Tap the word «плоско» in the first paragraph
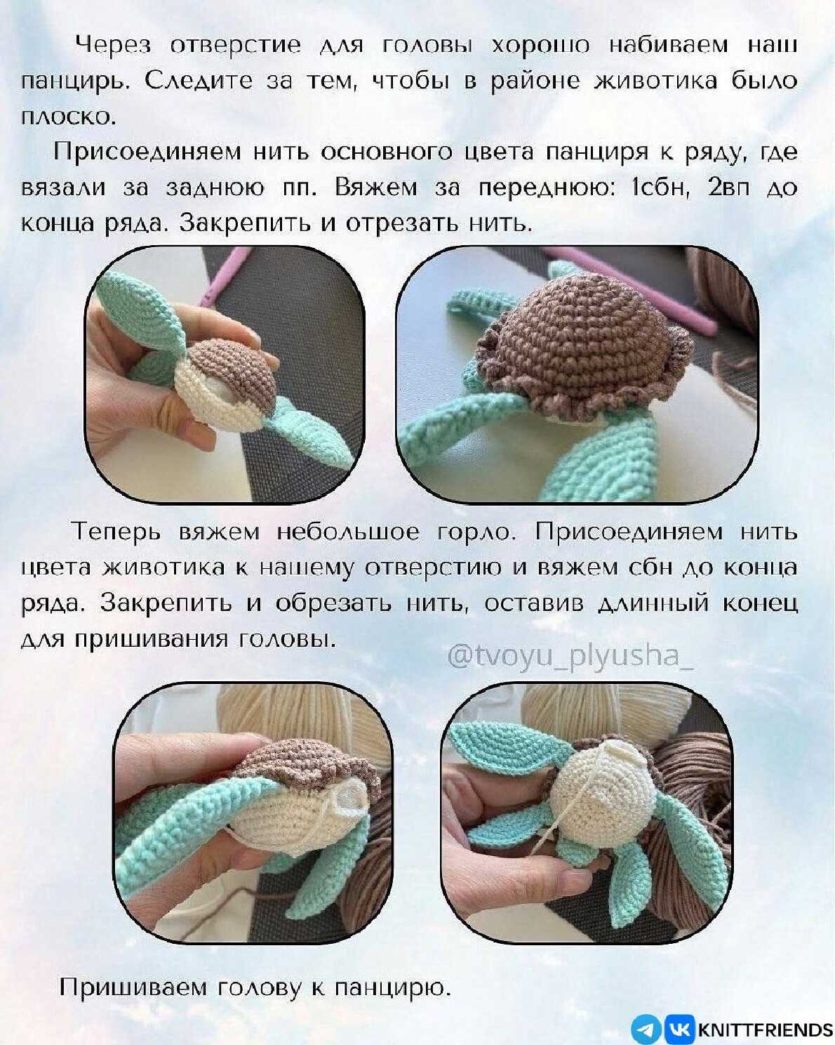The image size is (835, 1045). (67, 117)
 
